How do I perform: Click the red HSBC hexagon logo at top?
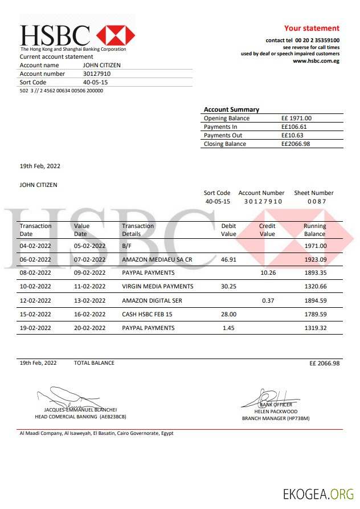[x=116, y=35]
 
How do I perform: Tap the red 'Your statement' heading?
[x=312, y=28]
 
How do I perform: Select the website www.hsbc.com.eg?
[x=316, y=61]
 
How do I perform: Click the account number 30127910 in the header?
[x=97, y=74]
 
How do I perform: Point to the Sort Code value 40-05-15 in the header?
[x=95, y=82]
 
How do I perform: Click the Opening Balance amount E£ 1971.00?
[x=296, y=119]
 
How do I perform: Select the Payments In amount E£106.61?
[x=294, y=127]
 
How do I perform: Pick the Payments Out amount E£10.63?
[x=292, y=136]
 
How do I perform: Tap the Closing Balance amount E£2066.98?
[x=296, y=144]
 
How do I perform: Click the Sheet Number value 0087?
[x=317, y=202]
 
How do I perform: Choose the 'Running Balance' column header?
[x=314, y=230]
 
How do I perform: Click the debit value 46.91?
[x=228, y=259]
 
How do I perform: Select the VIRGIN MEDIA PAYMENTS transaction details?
[x=157, y=287]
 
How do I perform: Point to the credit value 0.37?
[x=268, y=300]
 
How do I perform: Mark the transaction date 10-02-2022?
[x=35, y=287]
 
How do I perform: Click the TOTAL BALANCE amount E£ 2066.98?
[x=324, y=363]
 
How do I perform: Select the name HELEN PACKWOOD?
[x=276, y=411]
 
